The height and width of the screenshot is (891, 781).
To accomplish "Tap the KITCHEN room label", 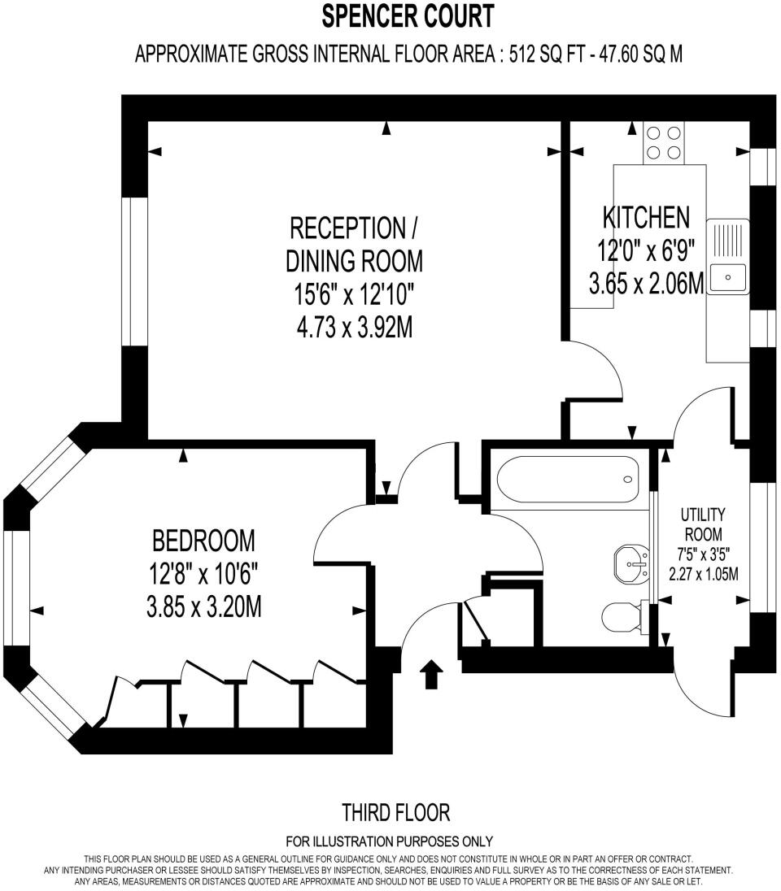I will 646,217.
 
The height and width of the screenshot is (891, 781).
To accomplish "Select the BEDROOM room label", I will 203,540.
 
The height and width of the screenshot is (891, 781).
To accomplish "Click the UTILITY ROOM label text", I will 704,524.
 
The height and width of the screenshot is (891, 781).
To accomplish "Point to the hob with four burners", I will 663,142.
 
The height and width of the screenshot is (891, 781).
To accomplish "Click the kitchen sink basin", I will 728,278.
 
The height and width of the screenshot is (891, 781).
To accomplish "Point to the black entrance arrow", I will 431,674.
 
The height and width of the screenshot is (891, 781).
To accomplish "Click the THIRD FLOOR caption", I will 395,812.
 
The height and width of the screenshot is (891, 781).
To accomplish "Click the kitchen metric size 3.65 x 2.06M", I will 646,285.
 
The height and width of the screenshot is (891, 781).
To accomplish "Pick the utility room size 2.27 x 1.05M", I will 704,575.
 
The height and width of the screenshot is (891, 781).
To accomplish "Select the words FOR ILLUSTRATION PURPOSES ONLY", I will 390,841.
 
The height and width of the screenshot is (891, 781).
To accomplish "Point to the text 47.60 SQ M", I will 643,54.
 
